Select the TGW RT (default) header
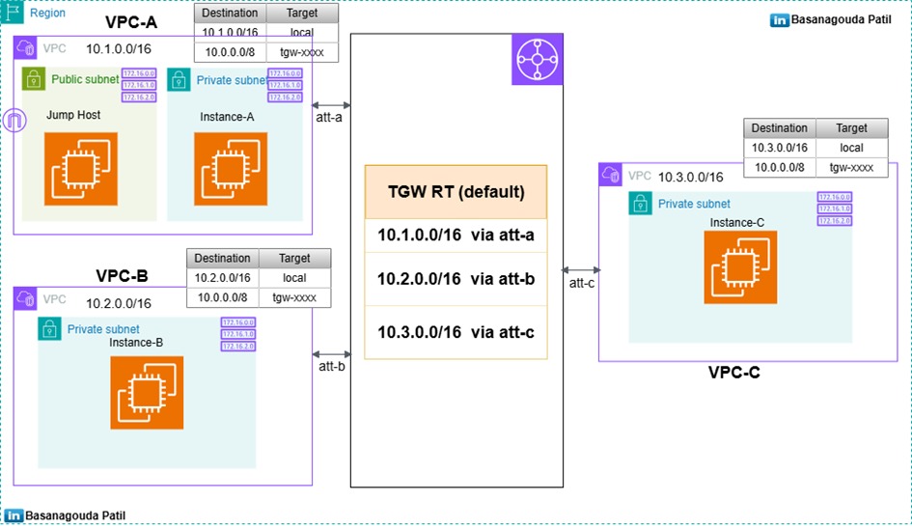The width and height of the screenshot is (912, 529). tap(455, 191)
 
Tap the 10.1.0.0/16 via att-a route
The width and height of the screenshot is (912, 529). tap(455, 236)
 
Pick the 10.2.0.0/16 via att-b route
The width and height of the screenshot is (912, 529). tap(455, 280)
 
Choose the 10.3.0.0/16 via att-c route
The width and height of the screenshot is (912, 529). tap(455, 331)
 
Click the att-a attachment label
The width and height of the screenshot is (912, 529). tap(329, 118)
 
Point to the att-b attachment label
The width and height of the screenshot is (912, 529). tap(331, 367)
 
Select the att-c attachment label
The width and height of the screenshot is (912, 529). tap(581, 283)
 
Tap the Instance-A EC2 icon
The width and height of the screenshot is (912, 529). tap(230, 169)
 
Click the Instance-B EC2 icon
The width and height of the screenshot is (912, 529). tap(146, 393)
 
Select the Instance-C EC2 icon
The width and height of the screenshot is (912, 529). tap(740, 267)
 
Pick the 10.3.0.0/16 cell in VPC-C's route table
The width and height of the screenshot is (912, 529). tap(780, 148)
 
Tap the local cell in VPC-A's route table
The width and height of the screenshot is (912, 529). tap(300, 33)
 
